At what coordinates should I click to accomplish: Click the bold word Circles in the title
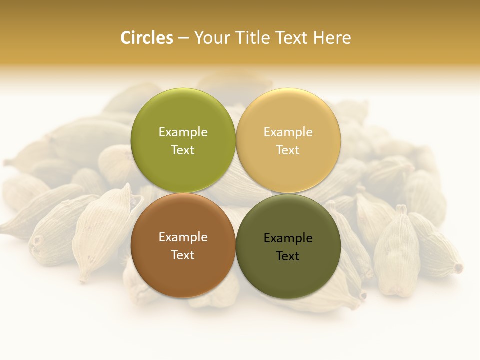point(147,38)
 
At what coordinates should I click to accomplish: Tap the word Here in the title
point(332,38)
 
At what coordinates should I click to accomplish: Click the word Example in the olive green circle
point(183,132)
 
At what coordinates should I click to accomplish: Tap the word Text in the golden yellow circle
point(288,150)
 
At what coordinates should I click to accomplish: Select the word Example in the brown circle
point(183,237)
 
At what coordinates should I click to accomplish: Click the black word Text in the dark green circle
point(288,256)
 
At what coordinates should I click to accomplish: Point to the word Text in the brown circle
point(183,255)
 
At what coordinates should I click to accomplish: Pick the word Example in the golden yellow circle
point(288,132)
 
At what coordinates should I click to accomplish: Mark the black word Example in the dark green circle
point(288,238)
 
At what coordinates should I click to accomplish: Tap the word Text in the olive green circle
point(183,150)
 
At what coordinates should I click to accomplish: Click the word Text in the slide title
point(291,38)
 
